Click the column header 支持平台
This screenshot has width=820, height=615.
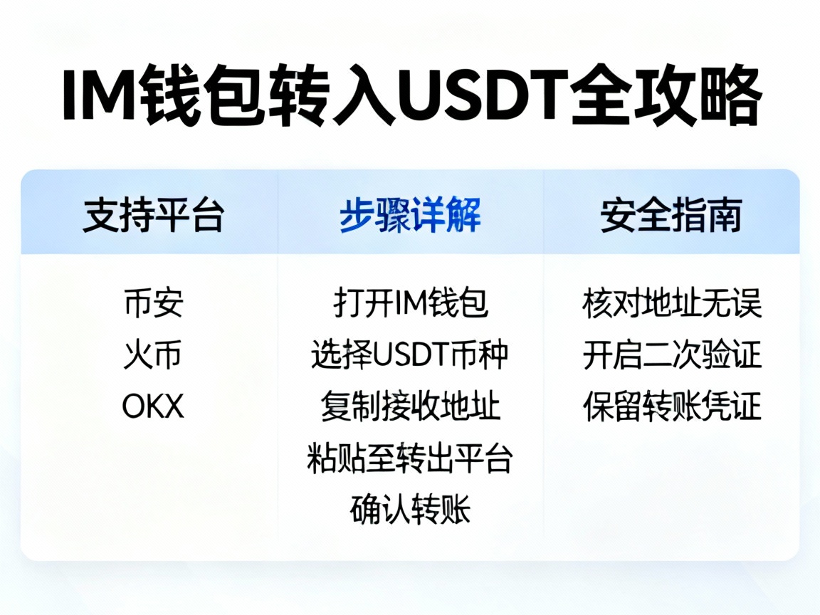[x=153, y=215]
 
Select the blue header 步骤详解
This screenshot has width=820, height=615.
[x=410, y=215]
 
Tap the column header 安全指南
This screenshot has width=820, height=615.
[x=671, y=215]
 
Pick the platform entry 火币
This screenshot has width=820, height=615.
[x=153, y=354]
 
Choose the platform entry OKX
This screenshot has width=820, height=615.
[x=153, y=406]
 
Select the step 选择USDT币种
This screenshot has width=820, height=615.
[x=410, y=354]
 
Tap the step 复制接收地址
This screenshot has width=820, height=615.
[x=410, y=406]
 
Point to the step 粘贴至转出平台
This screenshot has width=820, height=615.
[x=410, y=458]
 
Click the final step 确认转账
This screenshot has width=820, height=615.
[x=410, y=510]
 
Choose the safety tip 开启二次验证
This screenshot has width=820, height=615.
[x=671, y=354]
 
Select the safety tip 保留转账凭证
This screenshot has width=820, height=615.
[x=671, y=406]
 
